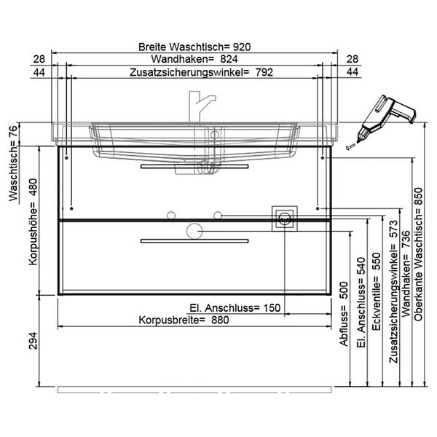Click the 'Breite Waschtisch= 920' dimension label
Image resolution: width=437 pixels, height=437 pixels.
(194, 47)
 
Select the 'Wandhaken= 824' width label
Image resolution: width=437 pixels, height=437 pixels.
(194, 59)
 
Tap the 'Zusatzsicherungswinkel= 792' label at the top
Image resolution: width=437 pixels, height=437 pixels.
(201, 72)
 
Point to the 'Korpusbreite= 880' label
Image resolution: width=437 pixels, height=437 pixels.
(184, 320)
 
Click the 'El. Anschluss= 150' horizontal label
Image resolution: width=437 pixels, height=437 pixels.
(235, 308)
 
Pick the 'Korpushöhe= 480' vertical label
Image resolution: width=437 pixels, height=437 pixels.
(33, 222)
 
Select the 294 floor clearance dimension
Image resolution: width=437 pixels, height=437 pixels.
(33, 341)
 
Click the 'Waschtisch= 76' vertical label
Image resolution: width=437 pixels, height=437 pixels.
(13, 162)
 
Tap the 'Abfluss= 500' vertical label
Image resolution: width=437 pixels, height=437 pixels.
(344, 314)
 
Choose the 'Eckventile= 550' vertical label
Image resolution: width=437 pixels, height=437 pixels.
(377, 291)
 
